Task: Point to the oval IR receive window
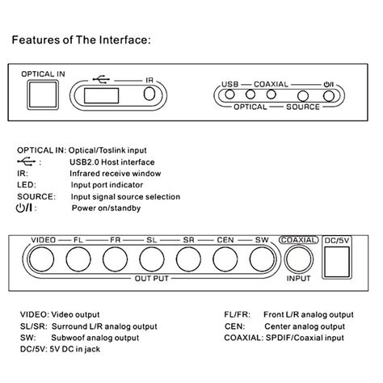coord(149,95)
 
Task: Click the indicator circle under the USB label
coord(230,95)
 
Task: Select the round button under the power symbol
coord(328,95)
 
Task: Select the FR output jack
coord(115,259)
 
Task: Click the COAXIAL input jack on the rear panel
coord(297,259)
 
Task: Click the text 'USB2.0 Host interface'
coord(120,162)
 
